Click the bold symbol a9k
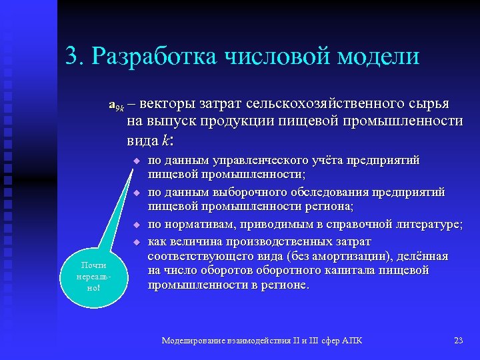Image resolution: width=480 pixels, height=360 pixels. [x=117, y=105]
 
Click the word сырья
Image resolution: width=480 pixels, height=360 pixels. [x=427, y=104]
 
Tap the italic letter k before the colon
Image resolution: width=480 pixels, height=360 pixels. [x=165, y=141]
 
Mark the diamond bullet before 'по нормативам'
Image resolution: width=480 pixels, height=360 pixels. [x=135, y=225]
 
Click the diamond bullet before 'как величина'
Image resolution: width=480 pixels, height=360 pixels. [x=135, y=241]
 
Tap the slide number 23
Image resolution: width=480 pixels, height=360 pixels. [x=458, y=341]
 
